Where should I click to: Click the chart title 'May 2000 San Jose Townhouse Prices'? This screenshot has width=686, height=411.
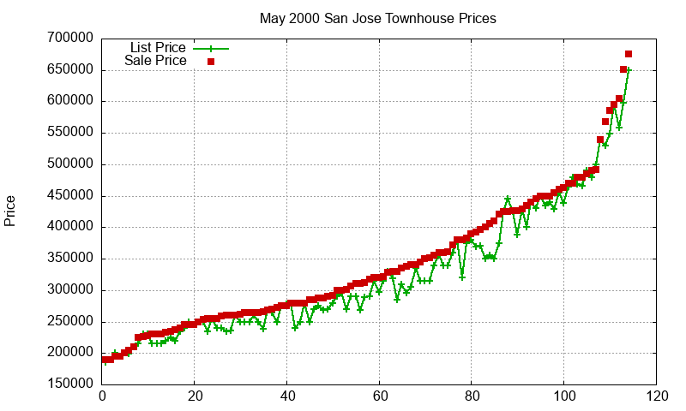(378, 18)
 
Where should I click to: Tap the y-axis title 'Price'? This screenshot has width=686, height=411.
(10, 211)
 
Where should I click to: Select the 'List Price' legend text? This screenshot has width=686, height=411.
(158, 47)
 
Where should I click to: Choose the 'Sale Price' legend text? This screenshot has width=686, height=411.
(155, 61)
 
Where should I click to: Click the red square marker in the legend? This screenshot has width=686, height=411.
(210, 61)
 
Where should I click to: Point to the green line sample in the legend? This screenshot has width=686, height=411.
(210, 48)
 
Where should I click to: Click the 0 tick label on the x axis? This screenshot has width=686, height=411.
(102, 397)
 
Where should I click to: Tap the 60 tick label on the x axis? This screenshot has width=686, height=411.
(379, 397)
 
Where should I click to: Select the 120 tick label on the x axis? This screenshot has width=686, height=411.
(657, 397)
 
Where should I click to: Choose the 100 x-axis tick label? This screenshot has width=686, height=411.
(564, 397)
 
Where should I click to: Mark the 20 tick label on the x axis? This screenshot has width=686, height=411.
(195, 397)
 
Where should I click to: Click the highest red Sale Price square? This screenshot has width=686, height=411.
(629, 54)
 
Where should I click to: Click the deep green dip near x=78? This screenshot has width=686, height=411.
(462, 277)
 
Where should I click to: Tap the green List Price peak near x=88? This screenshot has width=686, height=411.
(508, 199)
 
